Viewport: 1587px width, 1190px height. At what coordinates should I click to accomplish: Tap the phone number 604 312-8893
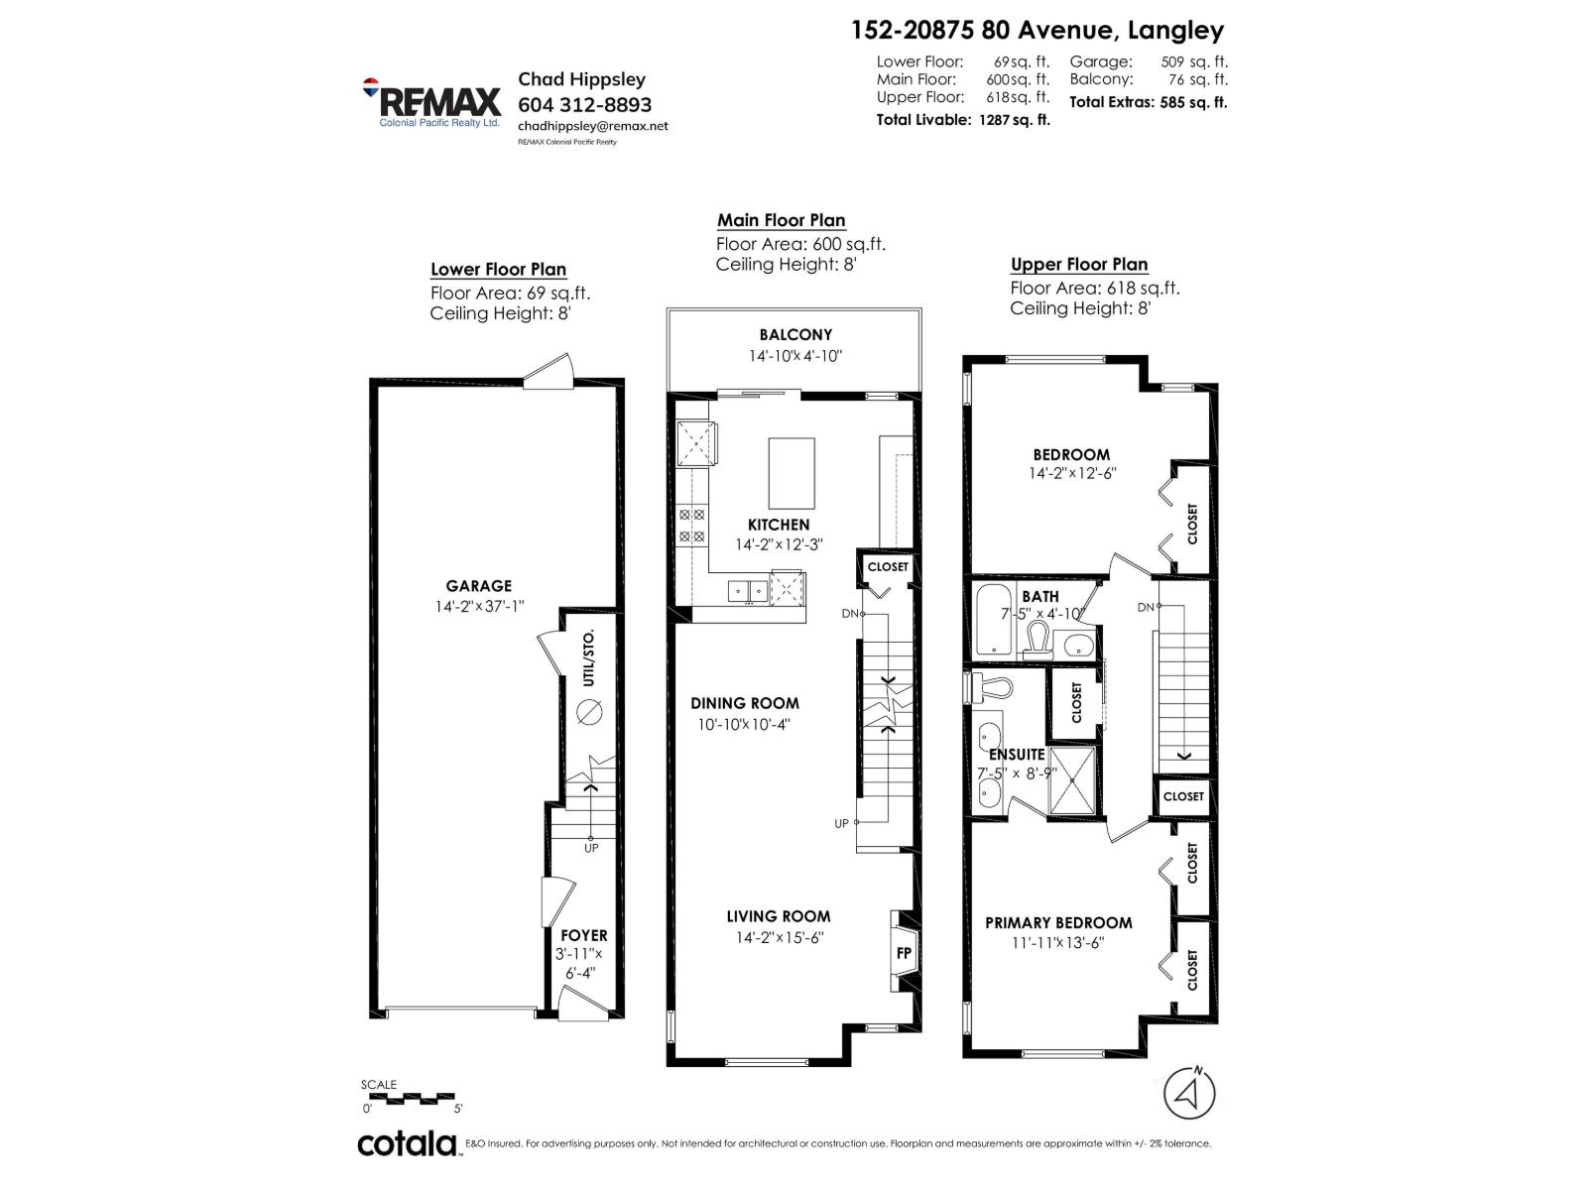[584, 104]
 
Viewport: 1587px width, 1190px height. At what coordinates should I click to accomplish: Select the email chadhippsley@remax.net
[592, 126]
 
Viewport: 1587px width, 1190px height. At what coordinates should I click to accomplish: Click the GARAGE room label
[478, 586]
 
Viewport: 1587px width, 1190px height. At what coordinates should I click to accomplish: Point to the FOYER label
[583, 935]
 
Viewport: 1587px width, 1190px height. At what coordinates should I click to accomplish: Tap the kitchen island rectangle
[792, 473]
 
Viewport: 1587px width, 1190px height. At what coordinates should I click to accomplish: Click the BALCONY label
[795, 335]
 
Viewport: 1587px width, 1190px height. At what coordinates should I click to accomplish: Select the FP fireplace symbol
[904, 952]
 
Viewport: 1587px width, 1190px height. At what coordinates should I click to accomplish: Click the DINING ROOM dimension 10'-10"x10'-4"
[744, 724]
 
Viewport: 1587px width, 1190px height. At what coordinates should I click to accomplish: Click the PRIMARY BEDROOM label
[1058, 922]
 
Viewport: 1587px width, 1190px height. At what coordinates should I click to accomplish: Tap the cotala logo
[407, 1143]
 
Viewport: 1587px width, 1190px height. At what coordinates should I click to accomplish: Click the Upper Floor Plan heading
[1079, 265]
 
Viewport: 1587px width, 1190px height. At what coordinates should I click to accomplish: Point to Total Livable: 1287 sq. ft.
[962, 120]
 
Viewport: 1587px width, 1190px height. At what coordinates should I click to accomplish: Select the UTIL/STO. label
[589, 657]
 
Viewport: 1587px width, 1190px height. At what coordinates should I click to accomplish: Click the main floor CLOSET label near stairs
[888, 567]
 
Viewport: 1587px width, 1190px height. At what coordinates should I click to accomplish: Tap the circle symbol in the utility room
[589, 710]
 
